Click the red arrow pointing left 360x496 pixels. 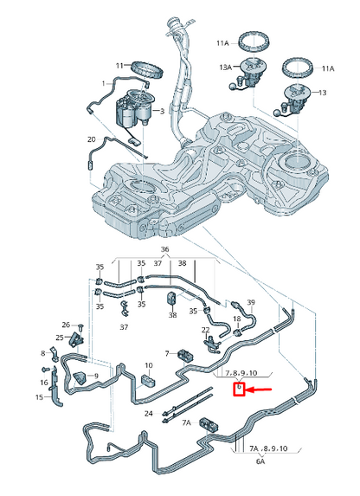260,391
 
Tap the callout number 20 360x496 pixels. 91,138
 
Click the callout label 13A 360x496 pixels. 225,67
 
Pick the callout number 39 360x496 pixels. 251,302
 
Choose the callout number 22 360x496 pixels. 205,330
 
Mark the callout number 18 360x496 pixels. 236,320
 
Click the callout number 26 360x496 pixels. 65,325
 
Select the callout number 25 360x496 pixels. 61,338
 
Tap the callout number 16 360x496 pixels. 43,382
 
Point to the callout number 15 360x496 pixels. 39,397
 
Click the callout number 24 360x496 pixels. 149,414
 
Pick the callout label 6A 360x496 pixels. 260,462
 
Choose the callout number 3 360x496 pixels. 162,112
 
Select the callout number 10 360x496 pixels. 149,365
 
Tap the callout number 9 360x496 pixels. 96,375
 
